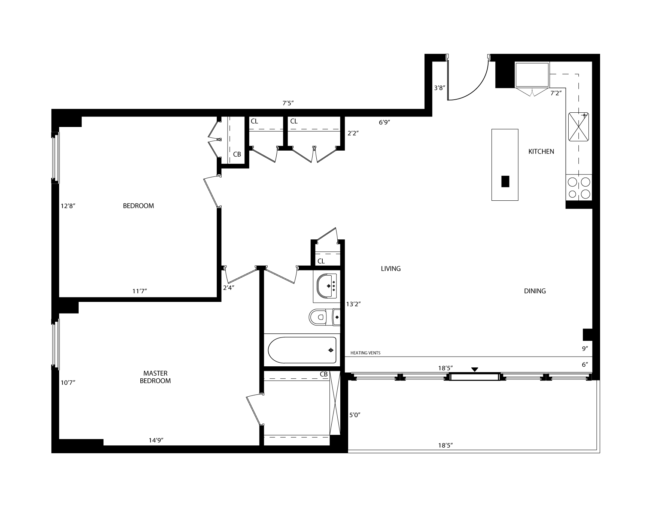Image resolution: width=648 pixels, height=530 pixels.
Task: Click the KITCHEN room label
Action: [541, 152]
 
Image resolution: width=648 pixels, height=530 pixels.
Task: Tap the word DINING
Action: [535, 291]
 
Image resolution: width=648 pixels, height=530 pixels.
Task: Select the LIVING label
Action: [391, 269]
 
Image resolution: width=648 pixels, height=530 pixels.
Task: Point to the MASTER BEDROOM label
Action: [155, 377]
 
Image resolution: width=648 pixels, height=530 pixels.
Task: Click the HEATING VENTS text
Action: [365, 353]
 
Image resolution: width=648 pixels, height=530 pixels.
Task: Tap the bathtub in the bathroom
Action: [302, 350]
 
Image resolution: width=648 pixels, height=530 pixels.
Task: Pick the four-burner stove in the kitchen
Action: [579, 188]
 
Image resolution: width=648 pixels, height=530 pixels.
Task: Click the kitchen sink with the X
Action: [579, 127]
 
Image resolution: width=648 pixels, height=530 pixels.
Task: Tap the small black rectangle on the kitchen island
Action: [505, 181]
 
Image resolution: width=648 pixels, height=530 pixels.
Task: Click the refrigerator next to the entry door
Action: [532, 75]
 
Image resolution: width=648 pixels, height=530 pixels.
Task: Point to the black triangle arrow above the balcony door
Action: [475, 370]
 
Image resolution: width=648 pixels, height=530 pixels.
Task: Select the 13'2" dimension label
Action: [353, 305]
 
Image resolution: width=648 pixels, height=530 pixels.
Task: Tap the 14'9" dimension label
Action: [156, 440]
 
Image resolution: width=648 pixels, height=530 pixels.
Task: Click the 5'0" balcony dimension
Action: [355, 415]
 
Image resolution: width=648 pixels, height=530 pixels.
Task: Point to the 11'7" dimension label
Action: [140, 291]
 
